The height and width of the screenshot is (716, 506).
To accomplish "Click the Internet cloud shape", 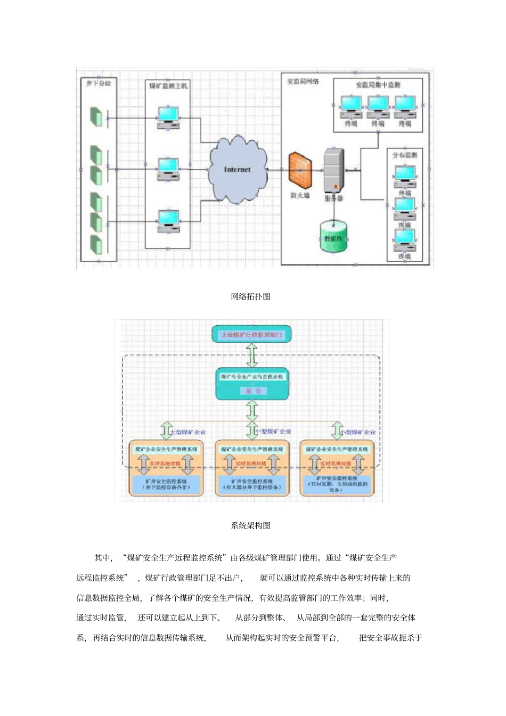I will click(x=238, y=169).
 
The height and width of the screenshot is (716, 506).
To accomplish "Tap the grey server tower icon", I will click(x=334, y=171).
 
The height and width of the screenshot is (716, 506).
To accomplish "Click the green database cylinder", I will click(x=333, y=237).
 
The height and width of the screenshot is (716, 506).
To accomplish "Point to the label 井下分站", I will click(x=99, y=84).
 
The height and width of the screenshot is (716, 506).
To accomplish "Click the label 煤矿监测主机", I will click(x=168, y=86).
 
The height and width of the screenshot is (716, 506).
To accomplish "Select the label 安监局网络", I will click(x=303, y=81).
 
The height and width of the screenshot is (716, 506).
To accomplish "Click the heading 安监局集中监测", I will click(x=378, y=85).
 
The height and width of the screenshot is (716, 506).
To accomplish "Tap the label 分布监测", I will click(x=405, y=155).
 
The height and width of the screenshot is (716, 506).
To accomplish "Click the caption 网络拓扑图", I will click(x=250, y=297).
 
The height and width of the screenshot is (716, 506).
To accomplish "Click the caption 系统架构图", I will click(x=250, y=525).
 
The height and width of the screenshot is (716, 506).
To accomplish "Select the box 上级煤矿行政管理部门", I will click(x=252, y=335).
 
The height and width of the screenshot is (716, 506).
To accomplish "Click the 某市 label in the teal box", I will click(x=253, y=391).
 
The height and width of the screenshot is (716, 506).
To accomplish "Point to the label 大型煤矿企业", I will click(x=188, y=432).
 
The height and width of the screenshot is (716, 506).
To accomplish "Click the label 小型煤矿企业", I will click(x=358, y=432).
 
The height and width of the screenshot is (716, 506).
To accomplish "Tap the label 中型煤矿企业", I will click(x=273, y=431).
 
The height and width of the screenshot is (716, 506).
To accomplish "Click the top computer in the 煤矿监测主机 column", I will click(x=168, y=118).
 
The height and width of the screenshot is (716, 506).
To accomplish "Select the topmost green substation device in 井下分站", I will click(x=96, y=117).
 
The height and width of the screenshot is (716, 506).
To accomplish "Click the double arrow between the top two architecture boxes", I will click(x=252, y=355).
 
